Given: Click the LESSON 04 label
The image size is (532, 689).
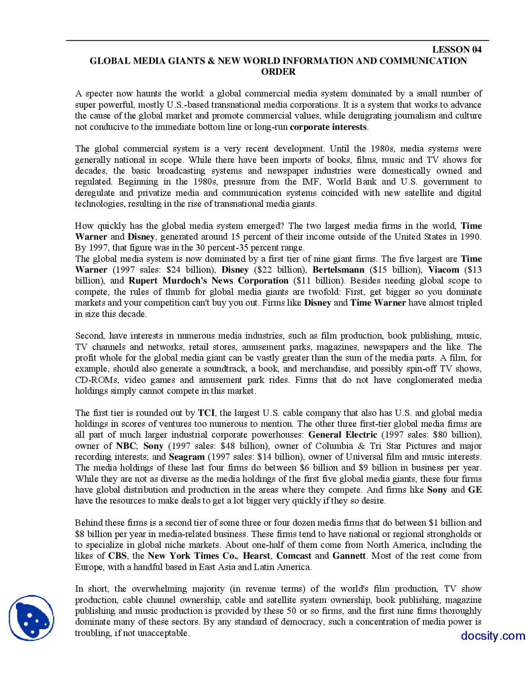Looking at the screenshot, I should tap(456, 50).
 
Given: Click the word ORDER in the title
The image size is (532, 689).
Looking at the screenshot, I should tap(278, 72).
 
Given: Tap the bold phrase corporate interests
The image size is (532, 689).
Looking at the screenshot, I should tap(328, 127).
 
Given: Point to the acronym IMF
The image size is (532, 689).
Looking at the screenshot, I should tap(311, 182).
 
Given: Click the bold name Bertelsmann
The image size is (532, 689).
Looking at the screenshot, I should tap(338, 270).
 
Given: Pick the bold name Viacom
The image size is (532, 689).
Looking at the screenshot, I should tap(443, 270).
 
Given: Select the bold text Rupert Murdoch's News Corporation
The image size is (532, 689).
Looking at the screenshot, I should tap(208, 281).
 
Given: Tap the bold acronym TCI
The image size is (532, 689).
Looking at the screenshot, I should tap(206, 413).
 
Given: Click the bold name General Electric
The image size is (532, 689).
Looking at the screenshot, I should tap(342, 435).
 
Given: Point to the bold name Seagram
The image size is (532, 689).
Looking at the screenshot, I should tap(187, 457).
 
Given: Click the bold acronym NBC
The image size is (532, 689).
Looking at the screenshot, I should tap(126, 446).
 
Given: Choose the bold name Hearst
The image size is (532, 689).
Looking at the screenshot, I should tap(256, 556).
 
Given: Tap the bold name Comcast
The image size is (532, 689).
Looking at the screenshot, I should tap(293, 556).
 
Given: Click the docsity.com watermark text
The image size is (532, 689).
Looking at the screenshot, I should tap(493, 636).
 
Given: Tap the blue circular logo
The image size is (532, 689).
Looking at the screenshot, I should tap(32, 618).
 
